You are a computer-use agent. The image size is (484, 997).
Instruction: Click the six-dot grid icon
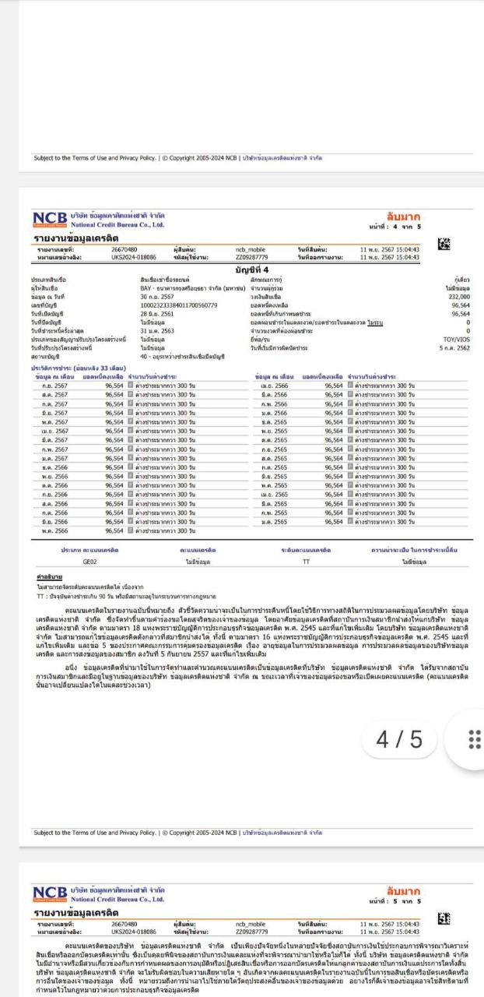(x=473, y=738)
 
